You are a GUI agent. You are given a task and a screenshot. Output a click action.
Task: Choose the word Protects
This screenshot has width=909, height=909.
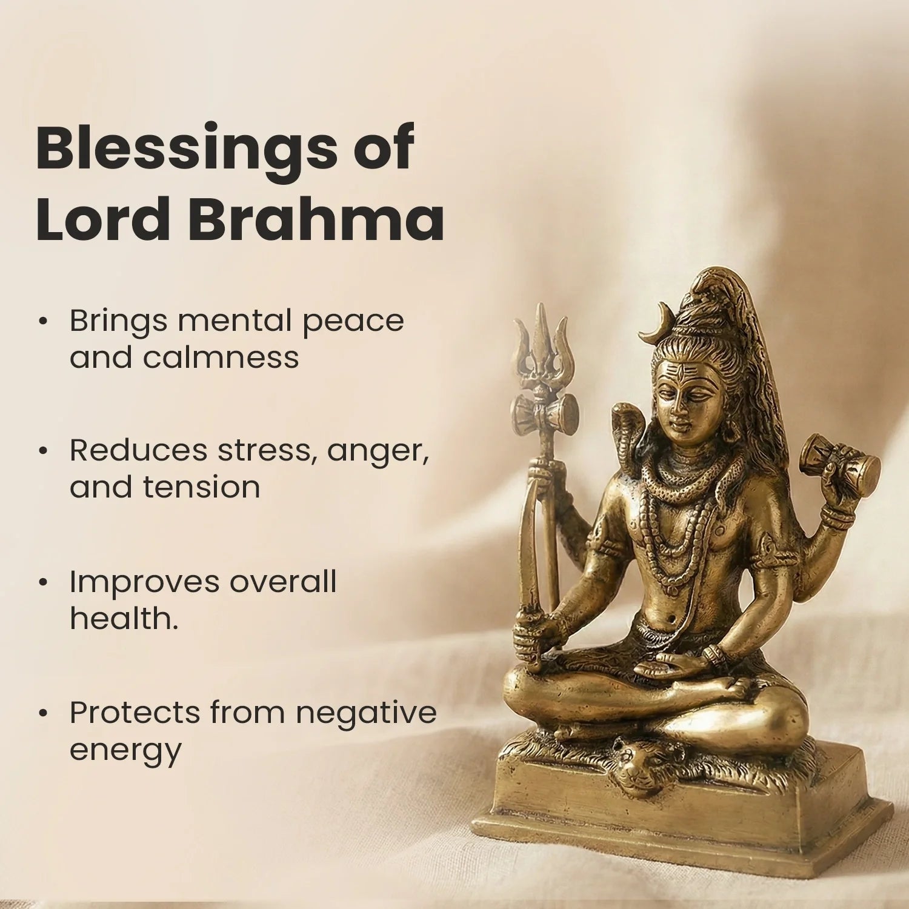pyautogui.click(x=135, y=713)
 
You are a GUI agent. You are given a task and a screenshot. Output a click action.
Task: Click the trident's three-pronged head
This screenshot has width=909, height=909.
pyautogui.click(x=544, y=345)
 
